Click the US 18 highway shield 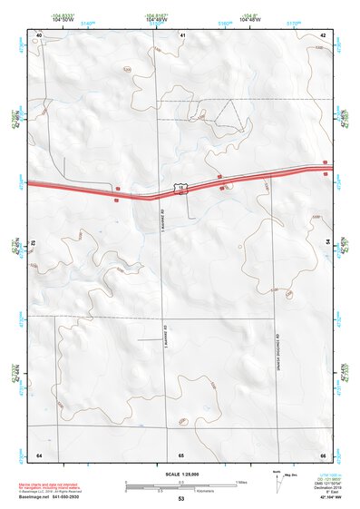click(x=182, y=189)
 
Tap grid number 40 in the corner click(x=39, y=34)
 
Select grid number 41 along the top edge click(x=182, y=34)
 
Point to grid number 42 click(x=323, y=34)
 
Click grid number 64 click(x=39, y=454)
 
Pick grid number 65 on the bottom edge click(x=181, y=454)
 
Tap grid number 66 click(x=322, y=454)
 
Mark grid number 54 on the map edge click(x=326, y=244)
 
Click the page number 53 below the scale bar click(x=181, y=499)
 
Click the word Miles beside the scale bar click(x=241, y=481)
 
